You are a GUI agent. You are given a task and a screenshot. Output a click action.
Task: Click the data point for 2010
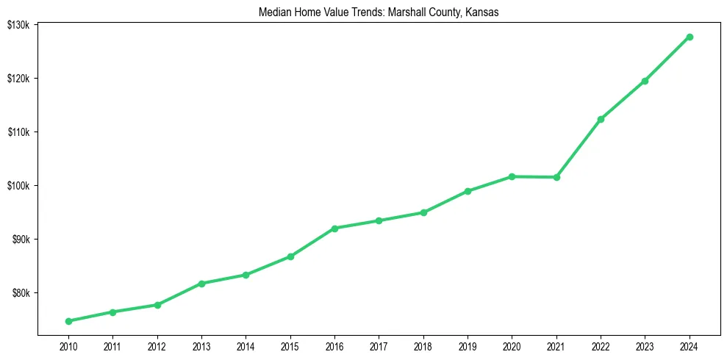[68, 321]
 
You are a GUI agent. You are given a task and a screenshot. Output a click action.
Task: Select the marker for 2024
[690, 37]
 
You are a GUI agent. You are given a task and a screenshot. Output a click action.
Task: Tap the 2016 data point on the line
[334, 228]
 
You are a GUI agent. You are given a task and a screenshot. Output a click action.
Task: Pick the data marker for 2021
[556, 177]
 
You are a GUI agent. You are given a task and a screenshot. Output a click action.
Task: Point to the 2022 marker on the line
[601, 119]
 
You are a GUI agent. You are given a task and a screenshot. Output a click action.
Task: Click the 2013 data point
[201, 284]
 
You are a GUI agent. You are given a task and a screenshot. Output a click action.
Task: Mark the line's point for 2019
[468, 191]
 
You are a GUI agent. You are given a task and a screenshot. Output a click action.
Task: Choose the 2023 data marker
[645, 81]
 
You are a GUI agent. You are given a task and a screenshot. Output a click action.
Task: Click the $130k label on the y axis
[18, 25]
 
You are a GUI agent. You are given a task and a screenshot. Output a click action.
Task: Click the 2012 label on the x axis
[157, 346]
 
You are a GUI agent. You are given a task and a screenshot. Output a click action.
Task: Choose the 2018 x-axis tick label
[423, 346]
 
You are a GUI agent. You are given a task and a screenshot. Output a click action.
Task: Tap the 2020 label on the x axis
[512, 346]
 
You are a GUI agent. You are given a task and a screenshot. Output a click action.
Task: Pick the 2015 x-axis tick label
[290, 346]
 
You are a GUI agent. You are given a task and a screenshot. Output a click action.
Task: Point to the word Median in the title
[274, 12]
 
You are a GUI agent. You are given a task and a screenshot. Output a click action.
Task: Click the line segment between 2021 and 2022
[579, 148]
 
